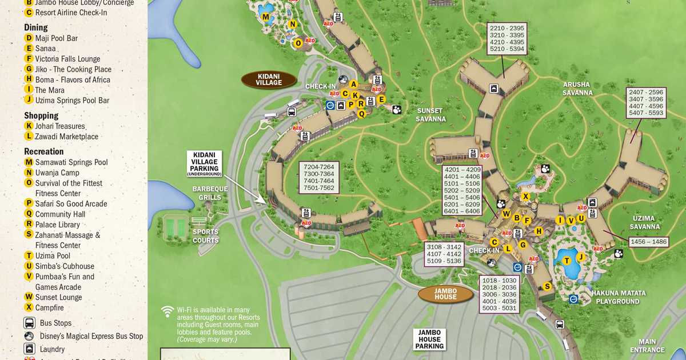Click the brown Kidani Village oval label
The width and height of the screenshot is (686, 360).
point(269,79)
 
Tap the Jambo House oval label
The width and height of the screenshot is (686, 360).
point(445,294)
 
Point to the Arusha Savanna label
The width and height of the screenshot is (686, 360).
point(577,89)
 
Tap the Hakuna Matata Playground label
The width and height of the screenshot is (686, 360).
point(619,297)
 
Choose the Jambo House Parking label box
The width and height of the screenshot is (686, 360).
point(430,339)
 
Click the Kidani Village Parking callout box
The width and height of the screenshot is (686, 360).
point(204,163)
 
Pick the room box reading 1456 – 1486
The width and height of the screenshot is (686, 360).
point(648,242)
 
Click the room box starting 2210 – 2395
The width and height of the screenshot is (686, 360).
point(506,39)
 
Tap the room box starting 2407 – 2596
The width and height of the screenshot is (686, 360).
point(646,103)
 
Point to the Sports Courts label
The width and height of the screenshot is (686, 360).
point(205,236)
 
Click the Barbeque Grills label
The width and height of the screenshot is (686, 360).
point(210,193)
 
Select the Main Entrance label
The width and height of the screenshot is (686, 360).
point(647,346)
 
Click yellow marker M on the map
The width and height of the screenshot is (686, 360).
point(265,17)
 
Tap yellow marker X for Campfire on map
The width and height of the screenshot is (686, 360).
point(525,196)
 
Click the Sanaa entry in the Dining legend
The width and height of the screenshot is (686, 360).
point(45,49)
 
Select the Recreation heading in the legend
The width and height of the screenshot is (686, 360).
point(43,151)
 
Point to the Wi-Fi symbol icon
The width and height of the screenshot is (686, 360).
point(167,311)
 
